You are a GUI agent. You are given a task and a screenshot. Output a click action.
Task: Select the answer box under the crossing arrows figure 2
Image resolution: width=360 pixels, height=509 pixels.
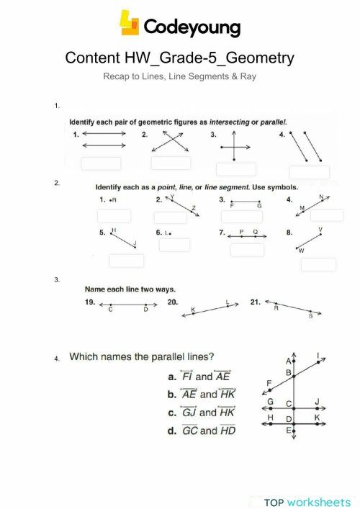pyautogui.click(x=171, y=163)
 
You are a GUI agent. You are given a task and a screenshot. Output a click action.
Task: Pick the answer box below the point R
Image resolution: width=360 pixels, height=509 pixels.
pyautogui.click(x=114, y=216)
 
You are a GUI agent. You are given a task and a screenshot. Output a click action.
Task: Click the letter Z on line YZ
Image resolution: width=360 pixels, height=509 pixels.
pyautogui.click(x=194, y=207)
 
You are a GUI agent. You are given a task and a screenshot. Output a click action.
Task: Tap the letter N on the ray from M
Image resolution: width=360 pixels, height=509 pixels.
pyautogui.click(x=321, y=197)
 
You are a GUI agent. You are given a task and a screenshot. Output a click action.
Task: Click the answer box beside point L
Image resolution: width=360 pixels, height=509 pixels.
pyautogui.click(x=174, y=245)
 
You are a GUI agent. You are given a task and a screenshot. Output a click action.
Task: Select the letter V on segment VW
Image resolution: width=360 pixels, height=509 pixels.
pyautogui.click(x=320, y=229)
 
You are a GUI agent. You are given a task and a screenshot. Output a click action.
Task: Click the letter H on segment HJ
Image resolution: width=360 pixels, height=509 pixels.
pyautogui.click(x=114, y=230)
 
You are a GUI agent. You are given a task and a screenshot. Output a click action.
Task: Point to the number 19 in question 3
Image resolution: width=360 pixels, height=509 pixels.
pyautogui.click(x=90, y=303)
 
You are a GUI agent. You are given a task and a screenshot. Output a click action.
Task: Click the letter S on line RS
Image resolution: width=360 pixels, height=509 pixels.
pyautogui.click(x=310, y=315)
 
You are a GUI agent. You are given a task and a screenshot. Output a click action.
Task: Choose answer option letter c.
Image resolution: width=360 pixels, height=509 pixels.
pyautogui.click(x=171, y=413)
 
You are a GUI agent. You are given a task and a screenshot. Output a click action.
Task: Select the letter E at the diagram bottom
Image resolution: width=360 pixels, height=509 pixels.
pyautogui.click(x=288, y=431)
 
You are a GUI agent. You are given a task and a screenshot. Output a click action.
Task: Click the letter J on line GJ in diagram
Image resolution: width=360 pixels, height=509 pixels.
pyautogui.click(x=317, y=403)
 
